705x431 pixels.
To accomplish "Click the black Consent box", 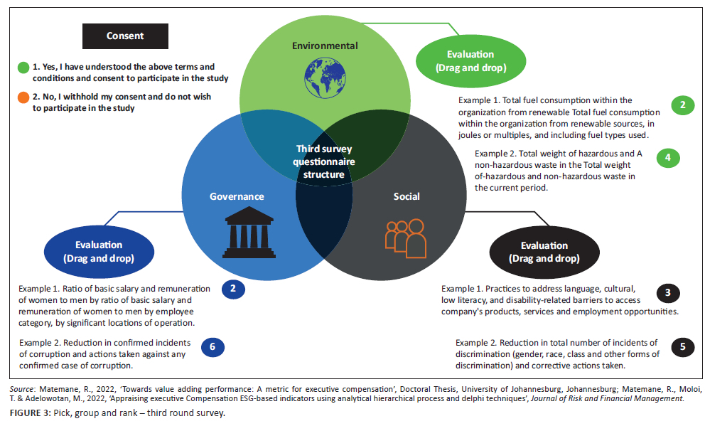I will tap(125, 36).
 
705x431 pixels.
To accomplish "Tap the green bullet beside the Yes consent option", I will tap(23, 68).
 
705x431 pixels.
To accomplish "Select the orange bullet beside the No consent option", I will tap(23, 97).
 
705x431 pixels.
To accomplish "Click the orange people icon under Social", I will tap(405, 236).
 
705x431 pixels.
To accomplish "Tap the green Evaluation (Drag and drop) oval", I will tap(470, 61).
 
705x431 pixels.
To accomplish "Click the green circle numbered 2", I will tap(682, 106).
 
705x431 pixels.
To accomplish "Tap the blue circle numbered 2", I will tap(233, 289).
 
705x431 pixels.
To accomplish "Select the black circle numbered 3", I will tap(667, 292).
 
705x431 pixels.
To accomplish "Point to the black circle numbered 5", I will tap(682, 347).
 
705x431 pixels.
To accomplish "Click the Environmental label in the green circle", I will tap(324, 46).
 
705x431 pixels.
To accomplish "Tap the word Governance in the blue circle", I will tap(237, 196).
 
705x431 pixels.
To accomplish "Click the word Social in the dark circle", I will tap(407, 196).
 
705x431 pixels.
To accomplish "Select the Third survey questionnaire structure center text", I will tap(324, 161).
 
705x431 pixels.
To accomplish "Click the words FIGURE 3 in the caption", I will tap(28, 414).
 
